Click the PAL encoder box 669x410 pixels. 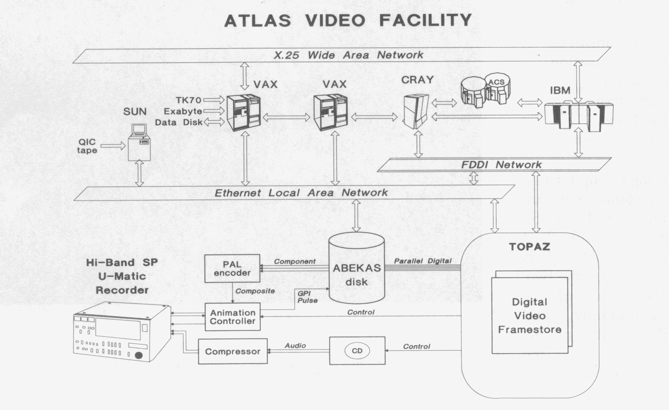point(232,269)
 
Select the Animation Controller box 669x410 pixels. point(233,317)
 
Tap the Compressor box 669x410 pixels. point(233,352)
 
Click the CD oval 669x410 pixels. point(357,350)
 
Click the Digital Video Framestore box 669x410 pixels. point(529,316)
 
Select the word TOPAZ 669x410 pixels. point(529,247)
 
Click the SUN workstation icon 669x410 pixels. point(139,142)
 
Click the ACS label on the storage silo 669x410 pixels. point(496,82)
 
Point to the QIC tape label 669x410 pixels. point(87,146)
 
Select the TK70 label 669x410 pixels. point(189,100)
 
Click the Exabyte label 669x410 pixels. point(183,111)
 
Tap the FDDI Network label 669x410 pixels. point(501,165)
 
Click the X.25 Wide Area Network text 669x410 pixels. point(348,55)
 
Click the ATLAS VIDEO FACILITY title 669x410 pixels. point(348,20)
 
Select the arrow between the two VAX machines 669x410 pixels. point(286,117)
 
